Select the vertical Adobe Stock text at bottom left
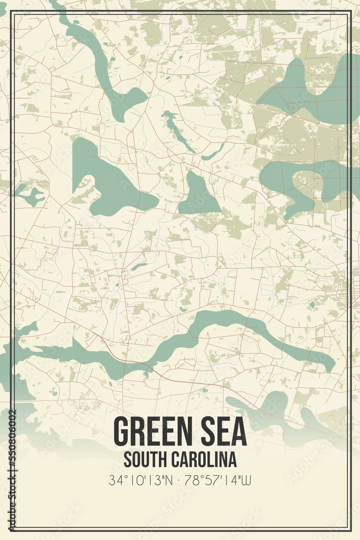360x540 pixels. pos(12,497)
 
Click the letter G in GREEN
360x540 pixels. pos(121,431)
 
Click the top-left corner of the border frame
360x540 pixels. pos(12,12)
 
